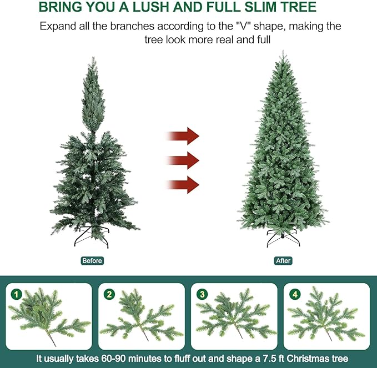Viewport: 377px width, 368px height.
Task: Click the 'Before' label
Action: (x=92, y=260)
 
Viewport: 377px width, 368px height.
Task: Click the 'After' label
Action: (x=283, y=260)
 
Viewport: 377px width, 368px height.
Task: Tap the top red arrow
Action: (x=184, y=135)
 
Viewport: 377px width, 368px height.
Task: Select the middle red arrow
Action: (x=184, y=160)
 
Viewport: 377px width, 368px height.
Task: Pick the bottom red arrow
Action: (x=184, y=184)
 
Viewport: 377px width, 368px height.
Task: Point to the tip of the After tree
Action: (x=283, y=53)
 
